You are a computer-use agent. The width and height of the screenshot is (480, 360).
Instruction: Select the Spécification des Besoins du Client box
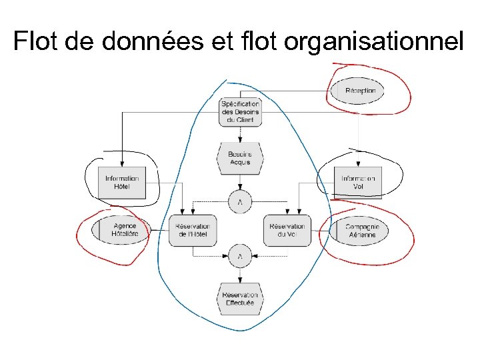(240, 112)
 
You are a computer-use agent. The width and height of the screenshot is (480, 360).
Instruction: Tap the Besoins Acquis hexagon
(240, 158)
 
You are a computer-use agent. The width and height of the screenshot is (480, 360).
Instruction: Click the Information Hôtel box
(122, 182)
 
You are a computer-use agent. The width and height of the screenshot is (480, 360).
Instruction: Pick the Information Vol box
(358, 182)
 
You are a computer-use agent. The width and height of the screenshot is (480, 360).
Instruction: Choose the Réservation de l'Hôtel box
(193, 231)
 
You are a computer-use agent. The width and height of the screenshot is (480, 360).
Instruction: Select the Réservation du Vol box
(287, 231)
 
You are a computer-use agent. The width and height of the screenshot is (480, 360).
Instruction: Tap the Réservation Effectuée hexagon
(240, 299)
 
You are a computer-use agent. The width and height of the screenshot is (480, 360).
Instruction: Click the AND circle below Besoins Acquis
(240, 201)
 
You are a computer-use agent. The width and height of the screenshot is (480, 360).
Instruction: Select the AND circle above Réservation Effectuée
(240, 256)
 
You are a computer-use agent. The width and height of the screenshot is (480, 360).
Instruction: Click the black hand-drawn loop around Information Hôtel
(87, 177)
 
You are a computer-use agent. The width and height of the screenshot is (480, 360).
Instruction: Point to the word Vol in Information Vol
(359, 187)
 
